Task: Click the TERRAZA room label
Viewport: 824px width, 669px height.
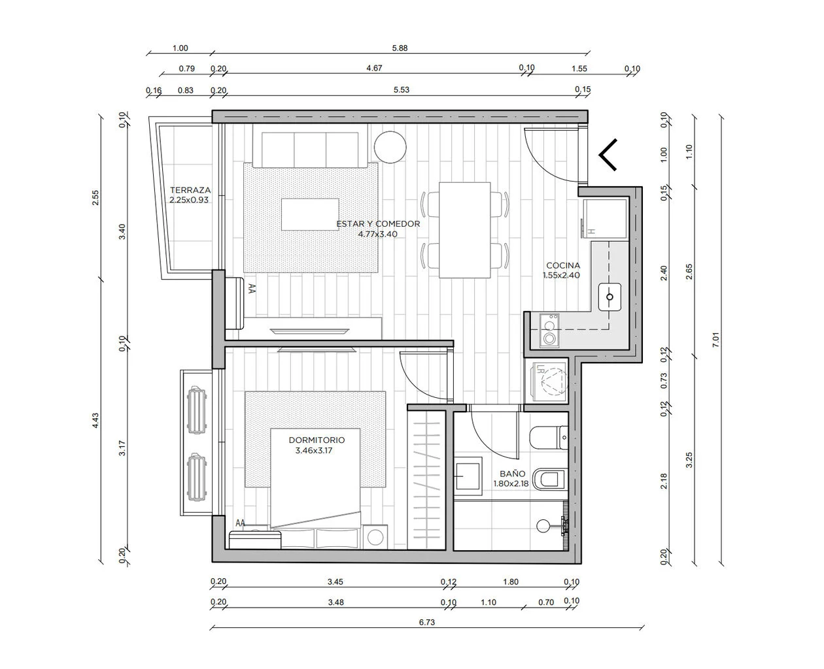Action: point(190,190)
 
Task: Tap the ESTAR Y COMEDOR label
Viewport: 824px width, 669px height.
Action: point(378,224)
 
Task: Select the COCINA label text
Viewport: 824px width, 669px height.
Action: point(563,265)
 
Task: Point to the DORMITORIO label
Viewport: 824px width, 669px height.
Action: point(317,440)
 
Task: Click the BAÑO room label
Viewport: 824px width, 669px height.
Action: point(512,474)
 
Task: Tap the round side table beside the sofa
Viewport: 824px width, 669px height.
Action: point(390,147)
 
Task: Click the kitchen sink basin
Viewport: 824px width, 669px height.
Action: point(609,297)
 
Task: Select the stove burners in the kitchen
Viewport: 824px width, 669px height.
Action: point(549,331)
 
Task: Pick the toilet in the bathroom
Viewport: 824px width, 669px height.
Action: point(548,438)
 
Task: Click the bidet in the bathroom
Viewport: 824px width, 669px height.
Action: point(550,480)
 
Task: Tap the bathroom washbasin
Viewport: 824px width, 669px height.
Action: point(468,476)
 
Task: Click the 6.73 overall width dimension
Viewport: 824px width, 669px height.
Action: point(426,622)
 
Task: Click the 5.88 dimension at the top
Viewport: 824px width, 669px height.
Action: point(400,48)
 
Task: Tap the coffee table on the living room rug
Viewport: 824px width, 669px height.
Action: point(310,214)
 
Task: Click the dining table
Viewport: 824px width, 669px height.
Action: point(464,230)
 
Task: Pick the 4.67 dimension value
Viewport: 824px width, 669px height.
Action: point(374,68)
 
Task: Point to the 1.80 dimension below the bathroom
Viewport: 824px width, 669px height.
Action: point(511,581)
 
